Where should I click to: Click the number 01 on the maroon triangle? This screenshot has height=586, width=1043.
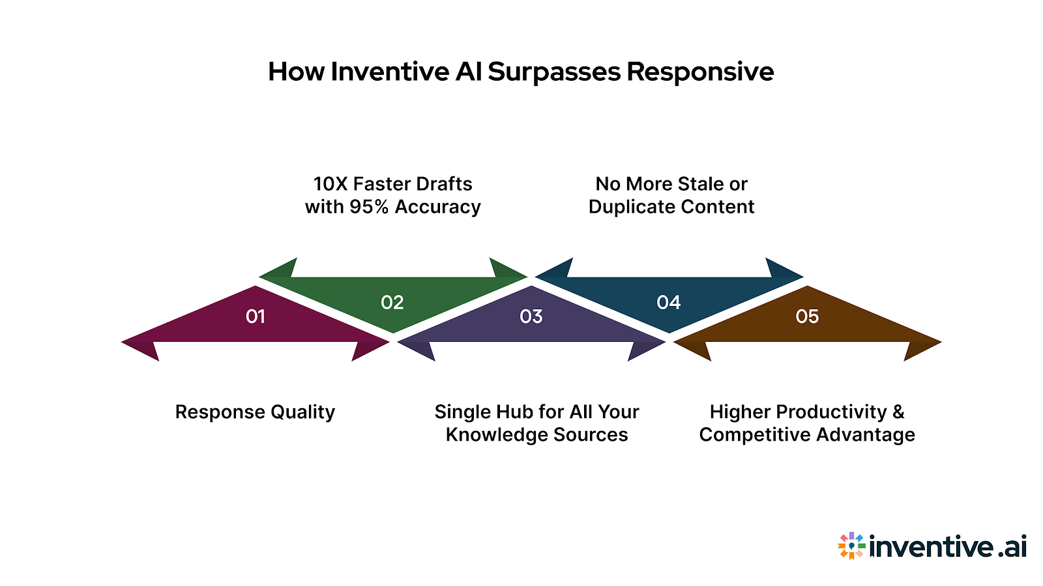click(256, 316)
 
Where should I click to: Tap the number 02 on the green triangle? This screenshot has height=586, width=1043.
click(392, 302)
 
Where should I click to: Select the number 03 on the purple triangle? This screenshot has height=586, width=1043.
click(531, 316)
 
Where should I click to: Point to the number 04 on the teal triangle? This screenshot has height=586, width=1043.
click(669, 302)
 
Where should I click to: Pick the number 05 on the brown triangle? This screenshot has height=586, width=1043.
click(807, 316)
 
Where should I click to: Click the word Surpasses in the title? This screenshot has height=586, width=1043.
click(554, 72)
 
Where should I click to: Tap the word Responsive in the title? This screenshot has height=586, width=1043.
click(700, 72)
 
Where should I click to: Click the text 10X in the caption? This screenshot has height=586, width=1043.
click(331, 184)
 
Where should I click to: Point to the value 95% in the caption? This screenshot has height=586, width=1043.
click(369, 207)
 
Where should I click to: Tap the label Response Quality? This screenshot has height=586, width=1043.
click(255, 412)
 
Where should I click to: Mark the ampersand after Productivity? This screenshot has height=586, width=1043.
click(898, 412)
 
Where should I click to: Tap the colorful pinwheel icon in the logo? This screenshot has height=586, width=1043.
click(851, 546)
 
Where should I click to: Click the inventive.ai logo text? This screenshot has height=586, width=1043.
click(948, 546)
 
